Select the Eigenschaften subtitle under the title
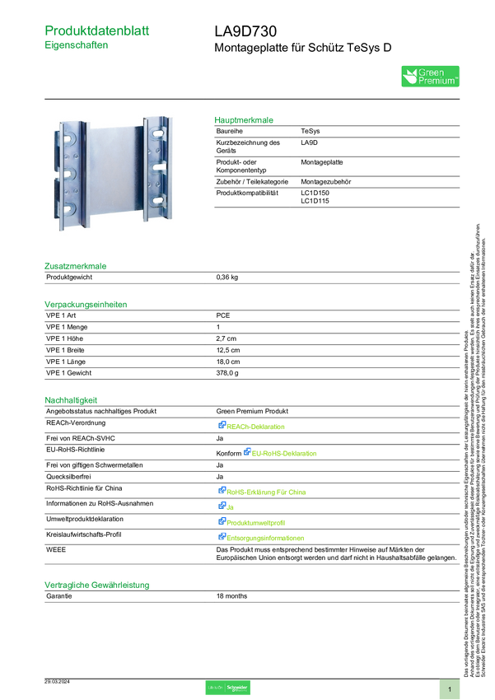77,47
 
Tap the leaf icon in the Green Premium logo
409,77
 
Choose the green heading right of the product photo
244,120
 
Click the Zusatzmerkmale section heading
76,266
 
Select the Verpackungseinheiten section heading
86,304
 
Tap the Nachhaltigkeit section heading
72,400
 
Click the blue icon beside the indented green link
246,452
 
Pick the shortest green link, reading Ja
231,506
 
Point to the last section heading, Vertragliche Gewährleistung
96,585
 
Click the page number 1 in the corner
450,688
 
